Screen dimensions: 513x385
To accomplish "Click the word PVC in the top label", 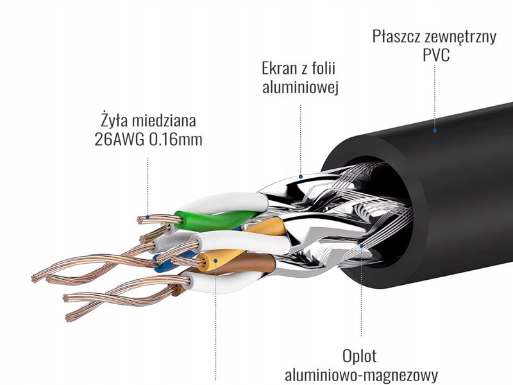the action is (x=435, y=56).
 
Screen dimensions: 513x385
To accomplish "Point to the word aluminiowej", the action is (x=299, y=88).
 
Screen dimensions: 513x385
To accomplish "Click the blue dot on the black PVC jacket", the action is (x=434, y=130).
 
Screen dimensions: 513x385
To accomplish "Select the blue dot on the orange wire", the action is (x=216, y=261).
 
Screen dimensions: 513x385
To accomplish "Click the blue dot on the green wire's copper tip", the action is (x=148, y=218).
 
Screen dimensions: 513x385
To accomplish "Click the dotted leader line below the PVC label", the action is (x=435, y=96).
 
